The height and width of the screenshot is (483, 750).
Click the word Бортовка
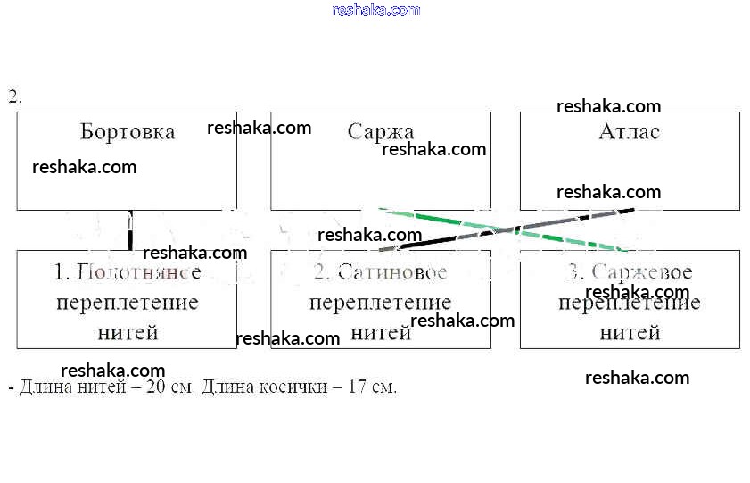tap(128, 132)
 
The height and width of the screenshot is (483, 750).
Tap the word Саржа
tap(381, 132)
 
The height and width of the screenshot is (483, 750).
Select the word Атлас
tap(630, 132)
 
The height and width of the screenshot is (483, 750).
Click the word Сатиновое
tap(392, 272)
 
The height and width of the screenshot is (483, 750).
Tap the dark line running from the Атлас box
tap(535, 224)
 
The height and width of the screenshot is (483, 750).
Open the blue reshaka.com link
tap(375, 10)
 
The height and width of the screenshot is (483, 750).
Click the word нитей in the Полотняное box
tap(128, 333)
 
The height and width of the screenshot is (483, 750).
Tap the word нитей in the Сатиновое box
tap(381, 333)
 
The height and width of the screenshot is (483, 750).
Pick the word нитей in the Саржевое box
tap(630, 333)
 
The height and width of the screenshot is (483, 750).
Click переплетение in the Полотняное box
tap(128, 303)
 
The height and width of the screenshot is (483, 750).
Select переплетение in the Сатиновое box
tap(381, 303)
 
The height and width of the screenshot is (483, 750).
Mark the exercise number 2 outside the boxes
tap(13, 97)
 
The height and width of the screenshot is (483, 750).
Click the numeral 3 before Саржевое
tap(574, 272)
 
